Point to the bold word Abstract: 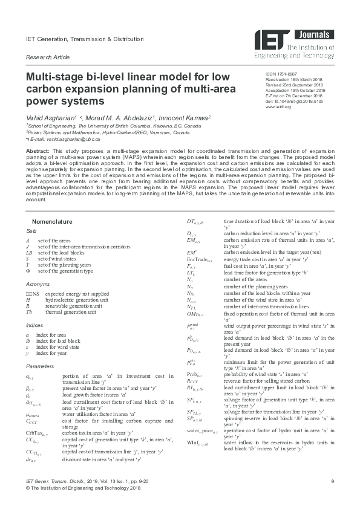38,149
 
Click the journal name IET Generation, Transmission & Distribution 85,39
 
